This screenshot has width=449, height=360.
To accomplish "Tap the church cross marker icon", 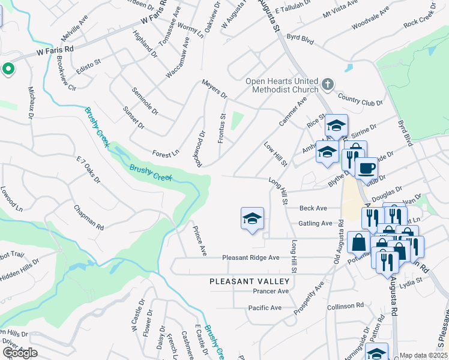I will tap(327, 84).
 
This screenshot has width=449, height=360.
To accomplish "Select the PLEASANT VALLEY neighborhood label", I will tap(249, 281).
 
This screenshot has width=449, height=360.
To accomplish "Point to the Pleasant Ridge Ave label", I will tap(251, 257).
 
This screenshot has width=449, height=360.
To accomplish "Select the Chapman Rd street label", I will tap(89, 218).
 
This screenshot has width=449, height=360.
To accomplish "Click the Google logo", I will tap(20, 353).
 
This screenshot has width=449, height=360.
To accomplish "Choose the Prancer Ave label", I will tap(271, 291).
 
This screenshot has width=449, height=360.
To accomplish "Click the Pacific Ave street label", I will tap(265, 308).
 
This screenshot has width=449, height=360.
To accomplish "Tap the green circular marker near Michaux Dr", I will tap(8, 70).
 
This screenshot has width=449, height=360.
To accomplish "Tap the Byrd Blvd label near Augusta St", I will tap(301, 37).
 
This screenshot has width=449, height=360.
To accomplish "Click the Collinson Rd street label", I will tap(345, 306).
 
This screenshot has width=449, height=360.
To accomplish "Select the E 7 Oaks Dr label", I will tap(88, 170).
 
